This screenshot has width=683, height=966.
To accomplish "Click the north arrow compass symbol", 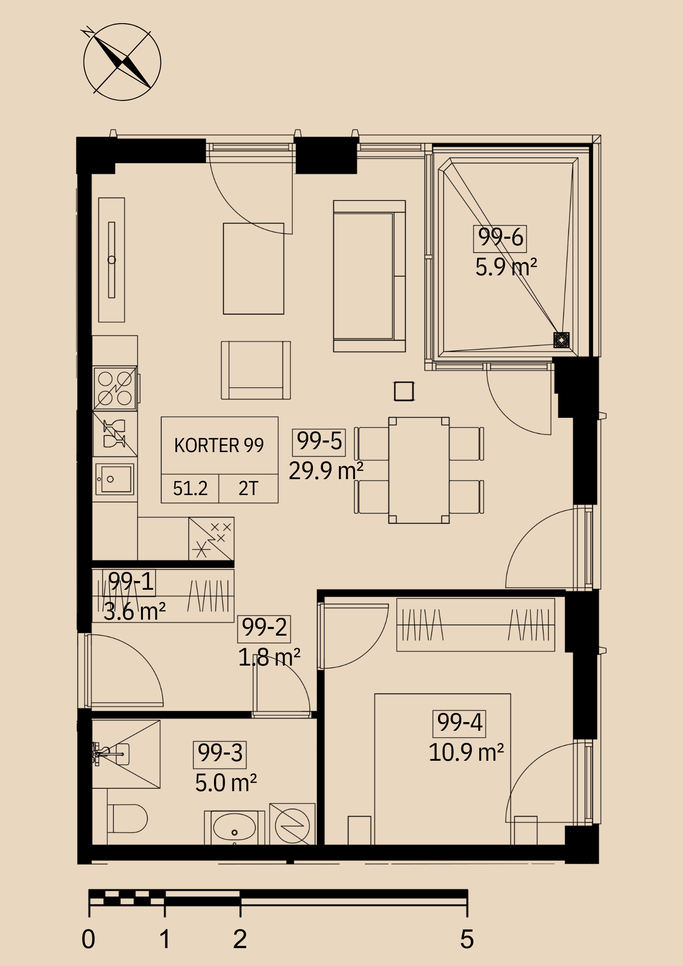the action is click(x=122, y=62).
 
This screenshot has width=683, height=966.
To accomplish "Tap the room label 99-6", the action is click(x=500, y=238).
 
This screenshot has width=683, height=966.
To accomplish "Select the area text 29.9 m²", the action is click(x=326, y=471).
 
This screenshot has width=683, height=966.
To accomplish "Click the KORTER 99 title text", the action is click(x=219, y=445).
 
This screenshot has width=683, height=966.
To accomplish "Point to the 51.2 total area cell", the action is click(x=190, y=488).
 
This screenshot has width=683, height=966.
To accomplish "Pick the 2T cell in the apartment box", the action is click(x=249, y=488).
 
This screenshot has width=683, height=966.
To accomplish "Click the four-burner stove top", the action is click(x=115, y=388).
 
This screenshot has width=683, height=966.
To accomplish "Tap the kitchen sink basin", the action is click(x=114, y=479).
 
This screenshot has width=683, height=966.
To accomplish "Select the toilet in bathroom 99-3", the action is click(x=127, y=818).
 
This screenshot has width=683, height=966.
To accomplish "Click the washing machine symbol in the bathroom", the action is click(x=292, y=824).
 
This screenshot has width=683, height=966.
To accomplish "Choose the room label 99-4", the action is click(x=459, y=723).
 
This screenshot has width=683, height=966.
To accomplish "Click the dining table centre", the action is click(x=419, y=470).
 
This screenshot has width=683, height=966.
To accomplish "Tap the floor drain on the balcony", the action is click(x=561, y=340).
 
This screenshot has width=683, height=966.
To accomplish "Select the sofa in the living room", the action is click(x=370, y=276).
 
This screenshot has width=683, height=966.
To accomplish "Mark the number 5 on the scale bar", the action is click(x=467, y=939).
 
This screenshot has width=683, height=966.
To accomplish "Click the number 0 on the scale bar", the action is click(x=88, y=939).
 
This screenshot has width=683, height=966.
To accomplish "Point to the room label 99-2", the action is click(x=264, y=628).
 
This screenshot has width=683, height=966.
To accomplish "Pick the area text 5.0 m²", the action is click(x=226, y=783).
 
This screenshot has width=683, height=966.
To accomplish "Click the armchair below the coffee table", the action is click(x=256, y=370).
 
